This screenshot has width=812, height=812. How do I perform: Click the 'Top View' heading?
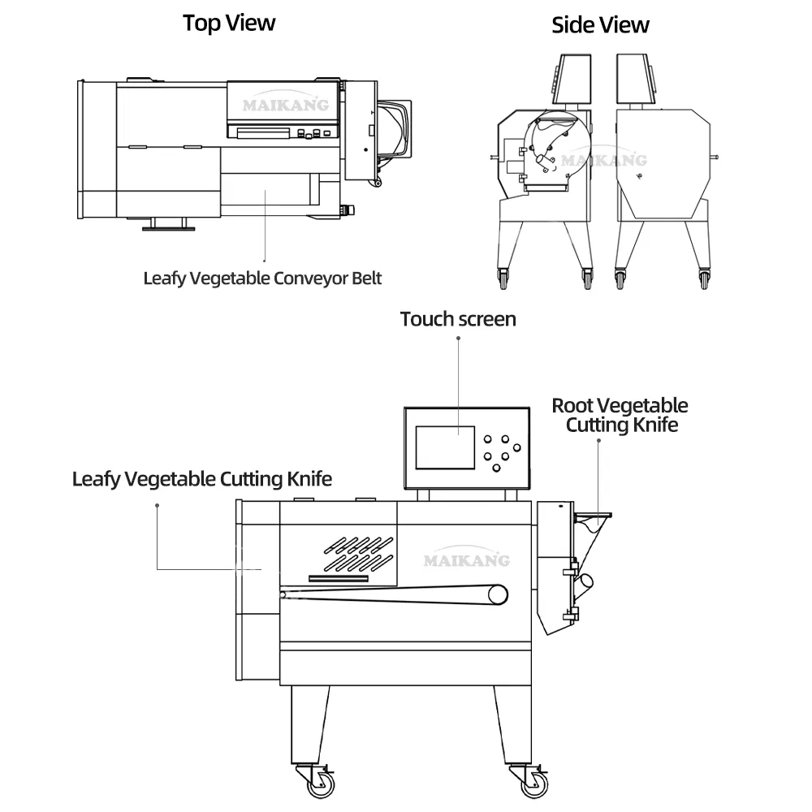coord(228,23)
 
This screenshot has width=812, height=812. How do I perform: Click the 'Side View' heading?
coord(600,25)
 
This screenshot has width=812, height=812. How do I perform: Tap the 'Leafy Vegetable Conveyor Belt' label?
coord(262,278)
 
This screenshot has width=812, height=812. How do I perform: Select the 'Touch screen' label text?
coord(458,319)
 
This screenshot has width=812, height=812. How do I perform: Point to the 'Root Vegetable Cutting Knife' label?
coord(620,415)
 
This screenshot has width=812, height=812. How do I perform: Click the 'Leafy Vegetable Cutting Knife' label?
coord(202,479)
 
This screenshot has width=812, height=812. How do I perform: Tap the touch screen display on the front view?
coord(445,447)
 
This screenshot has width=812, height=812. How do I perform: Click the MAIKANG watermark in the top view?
coord(284,104)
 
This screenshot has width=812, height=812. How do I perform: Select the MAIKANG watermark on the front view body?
coord(466,559)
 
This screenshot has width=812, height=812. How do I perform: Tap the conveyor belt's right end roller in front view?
coord(497,595)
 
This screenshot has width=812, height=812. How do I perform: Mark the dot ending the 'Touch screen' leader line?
coord(458,338)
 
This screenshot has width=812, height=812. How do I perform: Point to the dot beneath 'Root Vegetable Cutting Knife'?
coord(598,441)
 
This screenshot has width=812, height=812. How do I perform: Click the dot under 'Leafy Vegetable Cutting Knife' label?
coord(157,505)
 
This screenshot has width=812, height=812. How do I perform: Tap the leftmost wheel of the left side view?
coord(502,279)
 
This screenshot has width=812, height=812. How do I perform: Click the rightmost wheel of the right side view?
coord(704,279)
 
